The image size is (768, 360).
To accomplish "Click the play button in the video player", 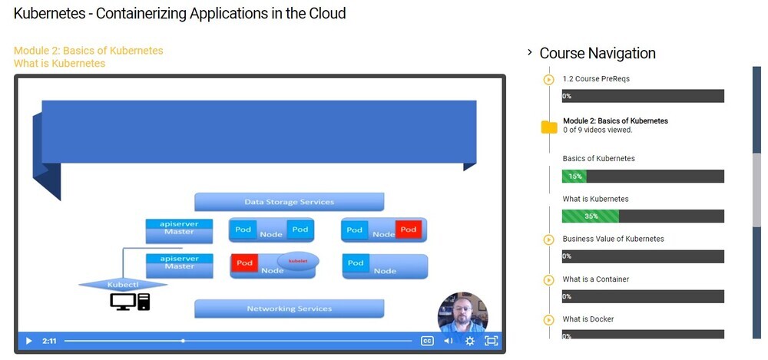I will point(28,341).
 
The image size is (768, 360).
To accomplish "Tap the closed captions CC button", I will point(427,341).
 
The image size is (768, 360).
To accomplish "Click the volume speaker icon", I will point(449,341).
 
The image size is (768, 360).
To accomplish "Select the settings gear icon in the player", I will point(470,341).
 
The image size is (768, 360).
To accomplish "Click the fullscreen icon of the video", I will point(492,341).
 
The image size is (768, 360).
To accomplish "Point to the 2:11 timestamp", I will point(49,341).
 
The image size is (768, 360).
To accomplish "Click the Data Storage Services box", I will point(289,202).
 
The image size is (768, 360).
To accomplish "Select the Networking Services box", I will point(289,309).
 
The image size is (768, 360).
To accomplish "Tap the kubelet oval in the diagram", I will point(297,262).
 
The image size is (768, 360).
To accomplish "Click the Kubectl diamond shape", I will point(123,284).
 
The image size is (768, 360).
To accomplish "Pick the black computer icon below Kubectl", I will point(130,302).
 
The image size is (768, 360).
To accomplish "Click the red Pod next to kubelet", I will point(244,263).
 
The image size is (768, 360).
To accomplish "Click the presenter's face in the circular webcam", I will point(463,312).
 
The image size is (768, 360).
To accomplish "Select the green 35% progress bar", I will point(590,216).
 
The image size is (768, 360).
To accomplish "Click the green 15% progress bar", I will point(574,177).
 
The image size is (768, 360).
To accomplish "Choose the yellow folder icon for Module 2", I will point(549,127).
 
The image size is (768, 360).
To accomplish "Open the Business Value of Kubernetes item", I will point(613,239).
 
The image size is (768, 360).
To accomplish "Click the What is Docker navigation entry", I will point(588,319).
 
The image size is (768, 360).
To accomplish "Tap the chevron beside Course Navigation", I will point(530,52).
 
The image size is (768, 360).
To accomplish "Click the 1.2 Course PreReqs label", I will point(596,78).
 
